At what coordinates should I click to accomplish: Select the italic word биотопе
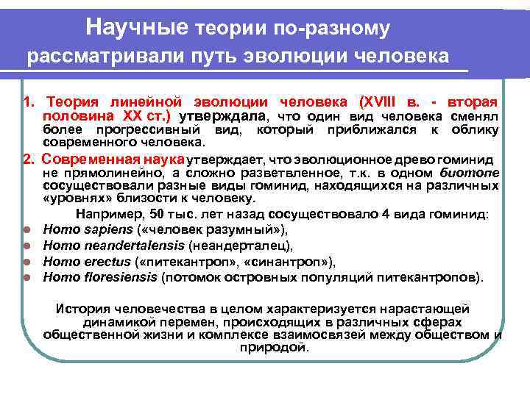pos(471,173)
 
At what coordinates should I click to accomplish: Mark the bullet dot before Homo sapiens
pos(26,229)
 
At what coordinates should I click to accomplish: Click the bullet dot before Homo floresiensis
pos(26,278)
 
